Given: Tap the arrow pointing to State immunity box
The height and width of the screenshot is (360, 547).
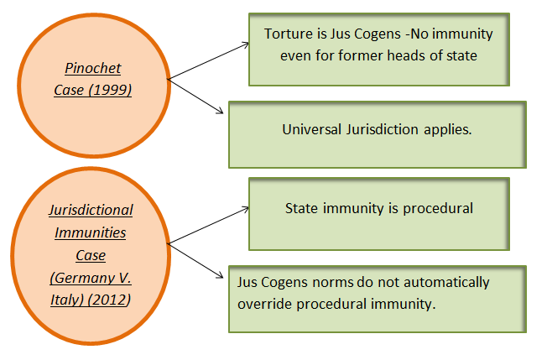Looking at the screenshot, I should [x=210, y=225].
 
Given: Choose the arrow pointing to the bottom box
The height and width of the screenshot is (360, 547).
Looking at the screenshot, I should [x=197, y=259].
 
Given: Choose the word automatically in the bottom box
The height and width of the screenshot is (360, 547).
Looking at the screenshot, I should [x=451, y=283].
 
